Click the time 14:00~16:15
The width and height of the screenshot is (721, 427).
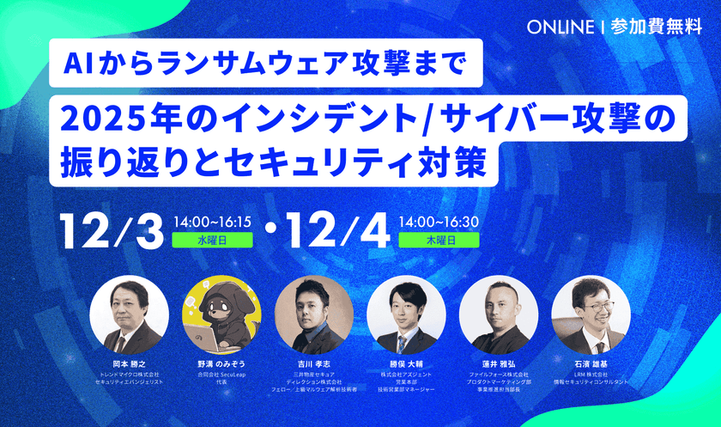211,222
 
